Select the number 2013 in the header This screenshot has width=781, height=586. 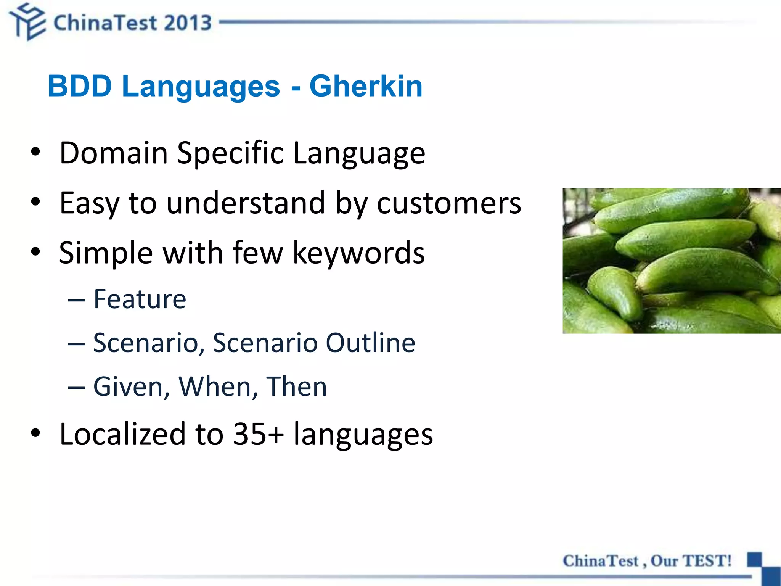tap(188, 23)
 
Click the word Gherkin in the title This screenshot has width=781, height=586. tap(366, 86)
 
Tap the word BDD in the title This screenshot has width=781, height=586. tap(80, 86)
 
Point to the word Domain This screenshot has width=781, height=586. tap(114, 153)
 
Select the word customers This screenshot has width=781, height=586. tap(448, 203)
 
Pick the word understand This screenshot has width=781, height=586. tap(246, 203)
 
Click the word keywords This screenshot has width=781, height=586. tap(358, 253)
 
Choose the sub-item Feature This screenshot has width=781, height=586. tap(140, 299)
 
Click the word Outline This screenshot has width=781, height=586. tap(370, 343)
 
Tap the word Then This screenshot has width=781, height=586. tap(296, 386)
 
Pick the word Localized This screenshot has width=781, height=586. tap(122, 434)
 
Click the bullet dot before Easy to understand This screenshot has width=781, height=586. tap(35, 202)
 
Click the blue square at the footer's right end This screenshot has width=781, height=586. tap(754, 560)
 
